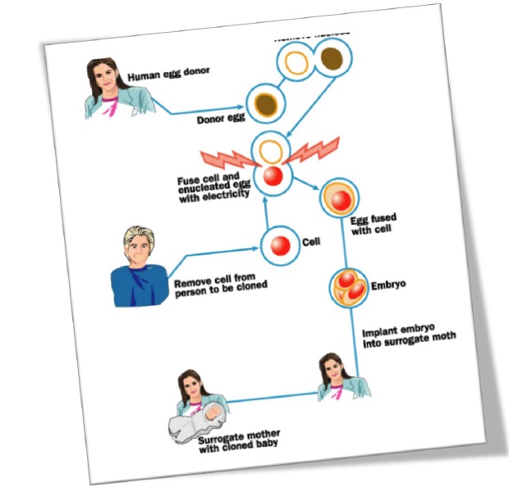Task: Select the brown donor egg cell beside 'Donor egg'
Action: pos(265,104)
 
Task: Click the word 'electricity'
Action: pos(224,195)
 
